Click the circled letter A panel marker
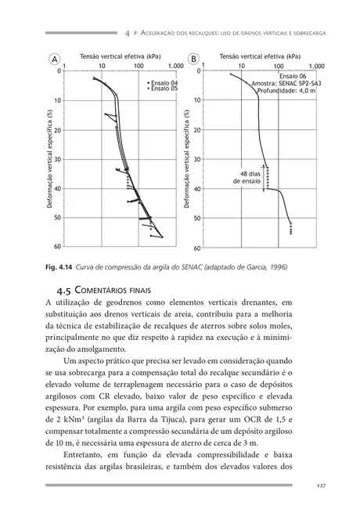(x=56, y=60)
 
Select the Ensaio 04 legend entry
(x=164, y=82)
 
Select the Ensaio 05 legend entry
(x=164, y=89)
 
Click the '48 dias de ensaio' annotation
(x=248, y=176)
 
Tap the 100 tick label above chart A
(x=139, y=67)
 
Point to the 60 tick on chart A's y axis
(x=57, y=248)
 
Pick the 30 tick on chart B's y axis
(x=196, y=160)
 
